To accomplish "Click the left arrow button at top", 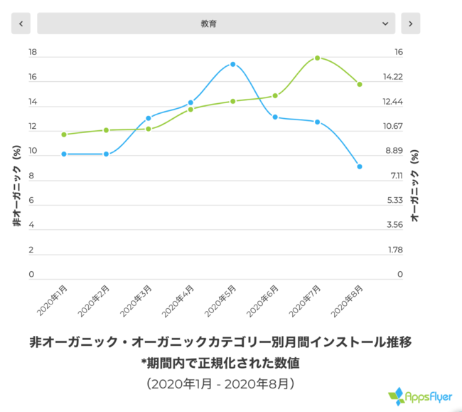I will pos(21,23).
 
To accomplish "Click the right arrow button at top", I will pos(410,23).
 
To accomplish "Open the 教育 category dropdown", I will pos(215,23).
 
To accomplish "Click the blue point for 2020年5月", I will pos(232,64).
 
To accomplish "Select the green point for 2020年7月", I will pos(317,58).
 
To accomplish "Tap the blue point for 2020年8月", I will pos(360,167).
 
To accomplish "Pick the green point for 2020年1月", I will pos(64,134).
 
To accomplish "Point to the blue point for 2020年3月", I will pos(149,118).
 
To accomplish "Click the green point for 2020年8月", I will pos(360,84).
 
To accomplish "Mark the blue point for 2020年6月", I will pos(275,117).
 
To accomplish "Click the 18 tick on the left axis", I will pos(32,53).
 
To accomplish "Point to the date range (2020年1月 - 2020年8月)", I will pos(220,384).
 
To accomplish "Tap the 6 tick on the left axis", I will pos(31,201).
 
